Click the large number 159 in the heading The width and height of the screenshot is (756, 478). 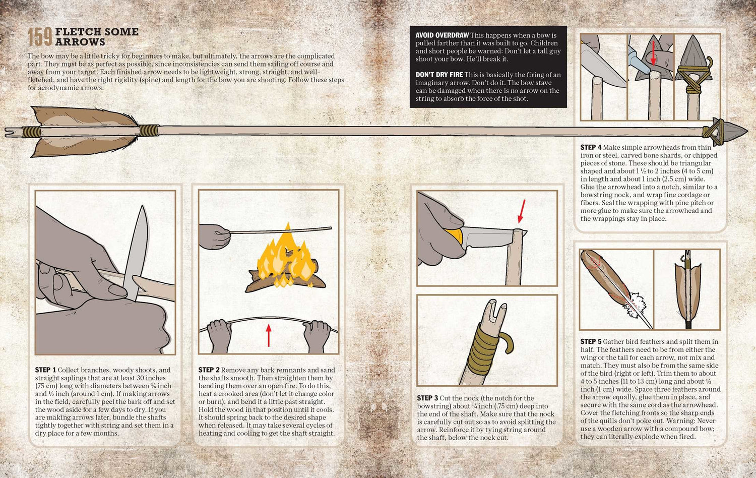[x=40, y=37]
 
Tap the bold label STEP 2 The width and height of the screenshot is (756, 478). [x=209, y=370]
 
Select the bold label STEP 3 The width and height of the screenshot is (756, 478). [x=427, y=398]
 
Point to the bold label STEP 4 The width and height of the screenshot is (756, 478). [x=591, y=147]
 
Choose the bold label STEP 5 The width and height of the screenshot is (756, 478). [x=591, y=342]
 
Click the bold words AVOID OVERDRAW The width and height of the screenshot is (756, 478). [x=442, y=35]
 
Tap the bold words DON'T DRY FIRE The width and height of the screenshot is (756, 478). [x=439, y=75]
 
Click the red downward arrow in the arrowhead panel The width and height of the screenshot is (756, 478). [x=653, y=53]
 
